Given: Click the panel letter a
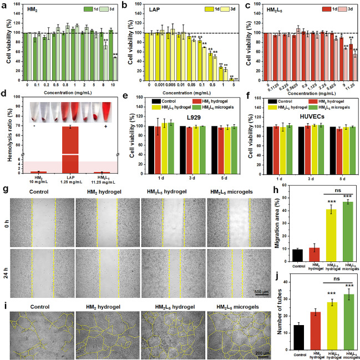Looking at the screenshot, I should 3,4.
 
